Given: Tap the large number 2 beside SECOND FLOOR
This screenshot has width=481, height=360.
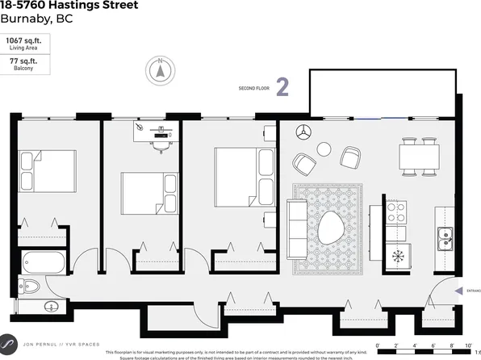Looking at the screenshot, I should pyautogui.click(x=282, y=87).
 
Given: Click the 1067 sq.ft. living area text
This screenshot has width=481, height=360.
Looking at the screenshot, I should pyautogui.click(x=25, y=40).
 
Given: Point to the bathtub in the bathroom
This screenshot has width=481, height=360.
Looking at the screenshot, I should pyautogui.click(x=43, y=262).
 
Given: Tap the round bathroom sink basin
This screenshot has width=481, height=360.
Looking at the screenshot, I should pyautogui.click(x=52, y=307).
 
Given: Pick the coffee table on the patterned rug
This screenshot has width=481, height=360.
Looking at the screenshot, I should pyautogui.click(x=331, y=229).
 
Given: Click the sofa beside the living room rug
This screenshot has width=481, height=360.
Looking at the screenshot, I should pyautogui.click(x=299, y=228).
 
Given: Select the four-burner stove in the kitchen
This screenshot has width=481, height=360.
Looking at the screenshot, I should pyautogui.click(x=395, y=211).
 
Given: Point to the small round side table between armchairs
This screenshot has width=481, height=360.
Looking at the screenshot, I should pyautogui.click(x=324, y=149).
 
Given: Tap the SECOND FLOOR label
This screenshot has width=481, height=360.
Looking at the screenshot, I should pyautogui.click(x=253, y=88).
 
